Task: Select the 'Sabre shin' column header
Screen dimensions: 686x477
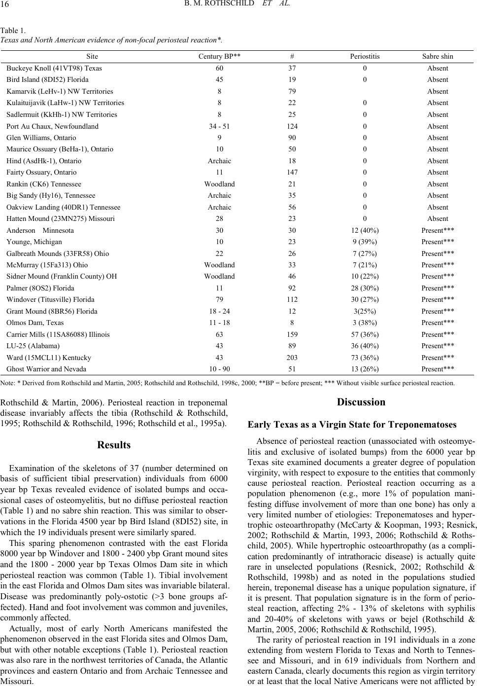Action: pyautogui.click(x=438, y=57)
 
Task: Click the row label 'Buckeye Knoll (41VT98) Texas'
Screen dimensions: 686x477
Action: pyautogui.click(x=54, y=68)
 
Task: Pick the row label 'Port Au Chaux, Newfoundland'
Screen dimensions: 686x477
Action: pyautogui.click(x=53, y=126)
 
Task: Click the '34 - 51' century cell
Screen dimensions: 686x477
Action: pyautogui.click(x=219, y=126)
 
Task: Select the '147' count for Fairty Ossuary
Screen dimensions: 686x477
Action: pyautogui.click(x=292, y=172)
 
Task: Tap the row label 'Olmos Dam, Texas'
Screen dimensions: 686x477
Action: pyautogui.click(x=35, y=323)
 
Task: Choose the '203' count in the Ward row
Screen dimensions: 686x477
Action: pyautogui.click(x=292, y=358)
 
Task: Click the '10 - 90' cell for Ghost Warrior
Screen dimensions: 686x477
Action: pyautogui.click(x=219, y=369)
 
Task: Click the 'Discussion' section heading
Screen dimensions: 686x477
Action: pyautogui.click(x=361, y=402)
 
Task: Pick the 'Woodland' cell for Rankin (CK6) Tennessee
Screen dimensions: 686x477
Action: pyautogui.click(x=219, y=184)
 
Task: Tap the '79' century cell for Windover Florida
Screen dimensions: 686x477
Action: pyautogui.click(x=219, y=299)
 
